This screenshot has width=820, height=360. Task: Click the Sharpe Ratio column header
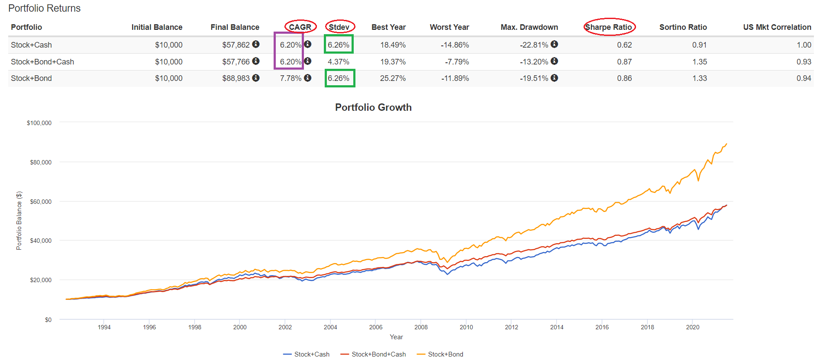[608, 27]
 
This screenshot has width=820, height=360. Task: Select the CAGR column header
[300, 27]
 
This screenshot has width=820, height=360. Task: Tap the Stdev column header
[339, 27]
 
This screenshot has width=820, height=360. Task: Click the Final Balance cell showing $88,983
[236, 78]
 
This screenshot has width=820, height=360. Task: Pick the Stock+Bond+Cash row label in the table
[42, 62]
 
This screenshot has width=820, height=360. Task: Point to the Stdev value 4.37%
[339, 62]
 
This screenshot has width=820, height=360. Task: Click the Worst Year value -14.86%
[455, 45]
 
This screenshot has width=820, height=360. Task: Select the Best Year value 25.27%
[393, 78]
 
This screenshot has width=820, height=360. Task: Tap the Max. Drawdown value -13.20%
[534, 62]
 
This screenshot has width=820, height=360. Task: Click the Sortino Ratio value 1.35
[699, 62]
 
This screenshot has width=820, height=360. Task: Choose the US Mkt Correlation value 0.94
[804, 78]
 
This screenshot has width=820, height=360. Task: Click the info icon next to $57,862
[256, 44]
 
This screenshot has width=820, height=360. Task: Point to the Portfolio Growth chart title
[373, 107]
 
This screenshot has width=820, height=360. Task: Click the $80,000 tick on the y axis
[41, 162]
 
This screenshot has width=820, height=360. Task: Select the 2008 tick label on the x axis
[421, 327]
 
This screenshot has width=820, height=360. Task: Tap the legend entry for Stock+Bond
[445, 354]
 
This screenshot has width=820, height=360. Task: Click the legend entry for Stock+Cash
[311, 354]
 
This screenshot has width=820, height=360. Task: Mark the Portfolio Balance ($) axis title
[19, 221]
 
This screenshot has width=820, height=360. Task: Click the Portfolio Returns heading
[45, 8]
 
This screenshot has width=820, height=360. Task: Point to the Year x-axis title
[396, 337]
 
